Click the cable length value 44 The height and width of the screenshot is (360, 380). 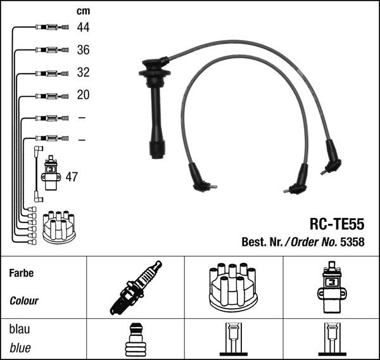(83, 27)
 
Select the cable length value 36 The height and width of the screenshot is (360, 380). (83, 49)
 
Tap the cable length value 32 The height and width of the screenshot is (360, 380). (83, 72)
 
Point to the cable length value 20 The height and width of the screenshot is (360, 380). (83, 94)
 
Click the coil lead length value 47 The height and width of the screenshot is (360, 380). (72, 177)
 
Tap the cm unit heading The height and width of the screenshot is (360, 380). (83, 11)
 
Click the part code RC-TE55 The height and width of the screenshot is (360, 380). (337, 224)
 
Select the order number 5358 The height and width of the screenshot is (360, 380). (352, 242)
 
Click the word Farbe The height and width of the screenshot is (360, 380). (22, 273)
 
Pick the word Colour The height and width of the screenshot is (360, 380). (24, 301)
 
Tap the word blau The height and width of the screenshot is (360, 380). (20, 329)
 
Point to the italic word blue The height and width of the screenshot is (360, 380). (20, 348)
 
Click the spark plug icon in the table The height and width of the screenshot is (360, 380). (136, 288)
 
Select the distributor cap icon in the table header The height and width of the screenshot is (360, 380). (233, 288)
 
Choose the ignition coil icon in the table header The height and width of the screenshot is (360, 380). (331, 288)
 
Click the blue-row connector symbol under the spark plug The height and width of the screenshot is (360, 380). (136, 340)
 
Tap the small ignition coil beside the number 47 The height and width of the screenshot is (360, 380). (51, 173)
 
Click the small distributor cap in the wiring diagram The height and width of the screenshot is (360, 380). (59, 228)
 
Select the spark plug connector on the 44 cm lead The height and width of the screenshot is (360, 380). (52, 27)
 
